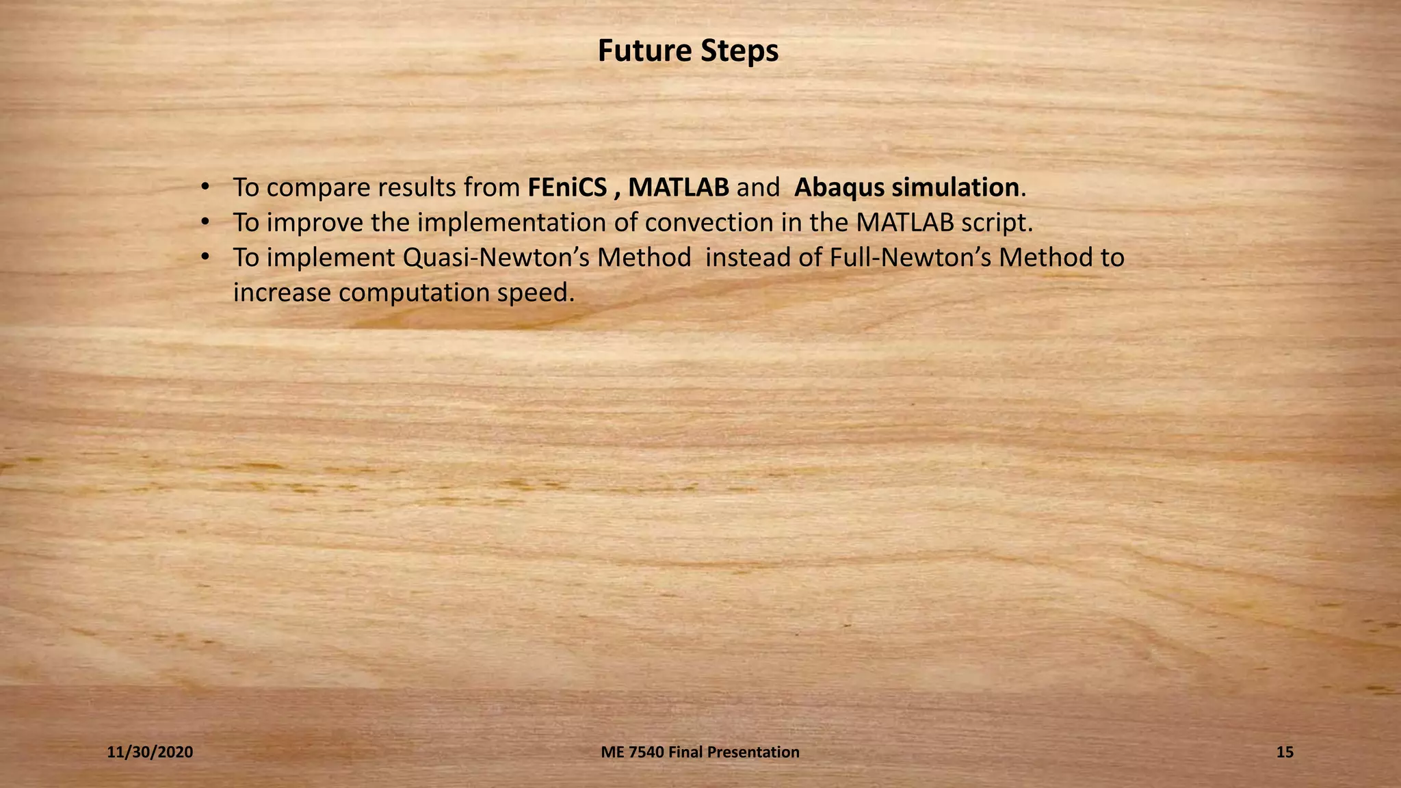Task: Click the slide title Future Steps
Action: point(688,51)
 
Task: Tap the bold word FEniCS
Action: point(567,187)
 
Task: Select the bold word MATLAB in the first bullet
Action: point(679,187)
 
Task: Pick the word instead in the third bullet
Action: point(748,258)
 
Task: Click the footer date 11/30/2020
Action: point(150,752)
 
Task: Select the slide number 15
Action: point(1285,752)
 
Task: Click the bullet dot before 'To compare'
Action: point(204,187)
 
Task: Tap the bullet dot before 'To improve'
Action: point(204,222)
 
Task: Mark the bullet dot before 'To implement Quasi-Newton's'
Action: point(204,257)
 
